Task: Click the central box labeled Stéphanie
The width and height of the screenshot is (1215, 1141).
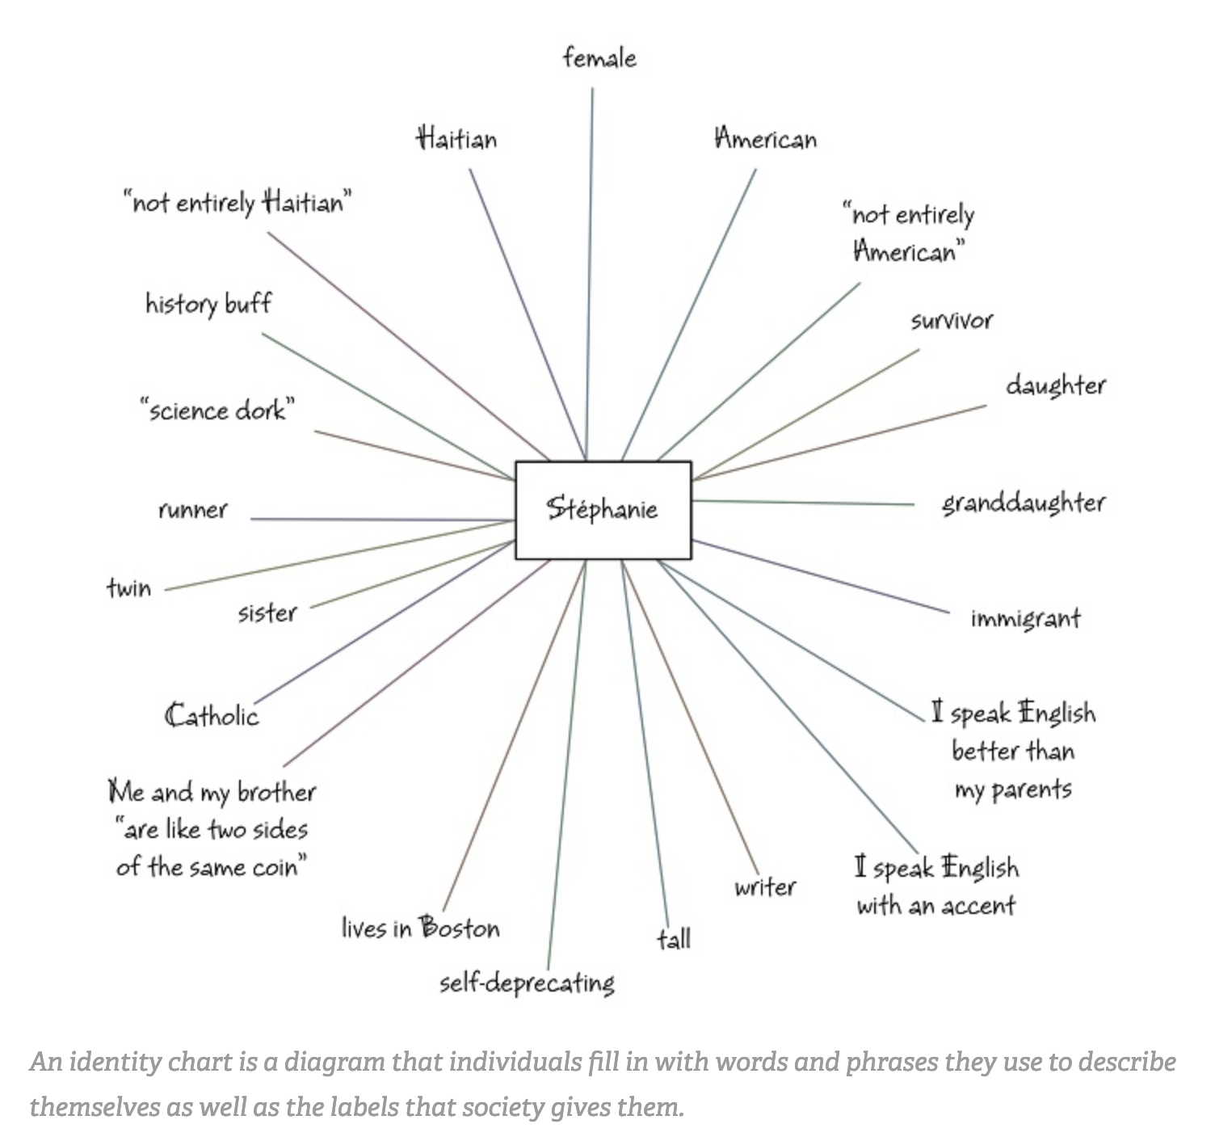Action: (x=603, y=509)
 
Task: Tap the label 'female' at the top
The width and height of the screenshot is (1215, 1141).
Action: (x=599, y=58)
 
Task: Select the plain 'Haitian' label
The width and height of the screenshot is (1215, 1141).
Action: (x=456, y=139)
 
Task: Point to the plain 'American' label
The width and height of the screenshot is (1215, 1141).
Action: (x=766, y=139)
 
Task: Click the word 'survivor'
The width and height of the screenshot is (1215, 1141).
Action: (x=952, y=321)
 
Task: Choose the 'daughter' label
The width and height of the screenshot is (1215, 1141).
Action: (x=1055, y=385)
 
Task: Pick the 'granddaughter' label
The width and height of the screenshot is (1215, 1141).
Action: (x=1024, y=503)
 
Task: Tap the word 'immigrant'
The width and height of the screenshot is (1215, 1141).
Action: (x=1025, y=619)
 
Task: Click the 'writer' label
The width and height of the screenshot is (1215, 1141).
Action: (x=765, y=887)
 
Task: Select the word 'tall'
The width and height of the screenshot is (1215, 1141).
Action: (x=674, y=939)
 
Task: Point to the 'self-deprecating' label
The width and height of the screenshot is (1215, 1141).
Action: (x=527, y=983)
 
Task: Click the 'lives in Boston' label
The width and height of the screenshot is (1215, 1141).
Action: (x=420, y=928)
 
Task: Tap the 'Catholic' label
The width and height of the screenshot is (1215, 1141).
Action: (x=212, y=716)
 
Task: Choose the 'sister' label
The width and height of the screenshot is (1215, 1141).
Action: (x=267, y=613)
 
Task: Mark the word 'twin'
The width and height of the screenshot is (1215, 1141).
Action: (x=129, y=587)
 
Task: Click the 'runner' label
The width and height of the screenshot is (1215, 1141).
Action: (x=193, y=510)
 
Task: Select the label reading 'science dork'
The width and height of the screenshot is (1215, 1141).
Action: (x=217, y=410)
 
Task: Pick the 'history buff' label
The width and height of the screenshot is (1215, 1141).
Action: (x=208, y=304)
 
